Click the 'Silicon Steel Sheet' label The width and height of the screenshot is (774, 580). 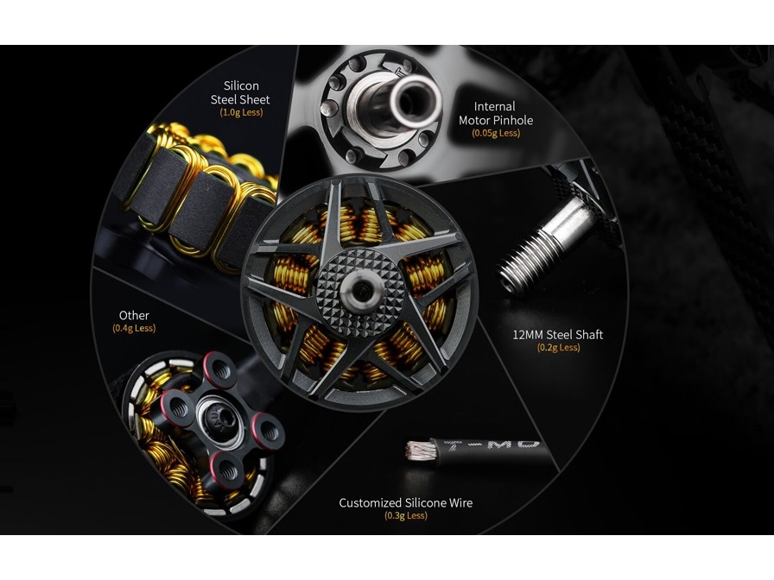240,92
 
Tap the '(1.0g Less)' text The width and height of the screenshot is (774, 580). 241,112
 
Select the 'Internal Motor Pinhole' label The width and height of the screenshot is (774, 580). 496,113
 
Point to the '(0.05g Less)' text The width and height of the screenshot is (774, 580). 496,133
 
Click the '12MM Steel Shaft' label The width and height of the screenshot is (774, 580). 558,335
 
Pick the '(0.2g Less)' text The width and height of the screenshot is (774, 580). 558,348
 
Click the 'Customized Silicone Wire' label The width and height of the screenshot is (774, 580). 406,503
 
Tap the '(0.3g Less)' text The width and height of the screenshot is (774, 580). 406,516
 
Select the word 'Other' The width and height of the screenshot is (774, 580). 134,316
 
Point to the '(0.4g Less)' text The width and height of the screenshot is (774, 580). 134,329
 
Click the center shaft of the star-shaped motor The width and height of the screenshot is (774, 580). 358,291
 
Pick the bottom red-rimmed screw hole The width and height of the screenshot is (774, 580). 227,469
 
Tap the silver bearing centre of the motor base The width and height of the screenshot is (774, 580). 220,419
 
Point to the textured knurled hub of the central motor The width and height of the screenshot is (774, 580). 358,292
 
